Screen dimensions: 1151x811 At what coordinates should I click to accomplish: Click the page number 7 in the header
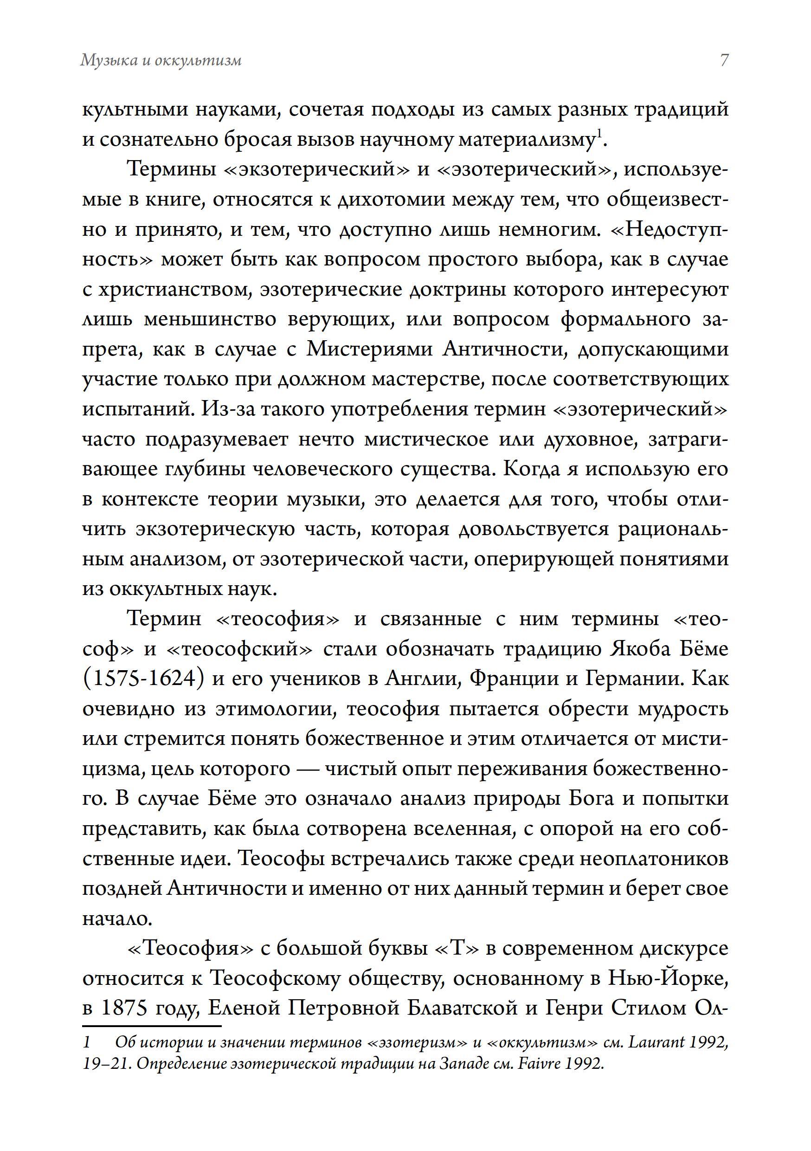[724, 60]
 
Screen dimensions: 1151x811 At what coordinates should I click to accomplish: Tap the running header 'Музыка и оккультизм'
[161, 60]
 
